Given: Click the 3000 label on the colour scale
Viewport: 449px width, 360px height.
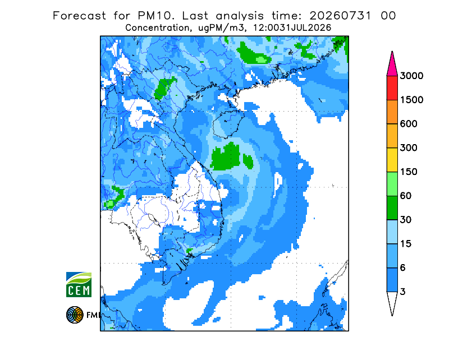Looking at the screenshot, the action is pos(411,76).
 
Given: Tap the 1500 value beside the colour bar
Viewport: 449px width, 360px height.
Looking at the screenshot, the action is pos(411,100).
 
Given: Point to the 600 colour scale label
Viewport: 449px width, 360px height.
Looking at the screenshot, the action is pos(409,124).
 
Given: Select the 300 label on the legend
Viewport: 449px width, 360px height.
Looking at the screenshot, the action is pos(409,148).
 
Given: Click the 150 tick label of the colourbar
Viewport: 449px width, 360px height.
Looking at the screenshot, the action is pos(409,172).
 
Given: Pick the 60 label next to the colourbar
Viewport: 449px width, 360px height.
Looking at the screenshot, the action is pos(406,196).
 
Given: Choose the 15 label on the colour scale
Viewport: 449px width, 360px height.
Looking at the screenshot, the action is pos(406,244).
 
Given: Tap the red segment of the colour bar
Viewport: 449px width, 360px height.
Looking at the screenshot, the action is pos(392,88).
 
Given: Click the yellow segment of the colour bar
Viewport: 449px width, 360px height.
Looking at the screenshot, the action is pos(392,160).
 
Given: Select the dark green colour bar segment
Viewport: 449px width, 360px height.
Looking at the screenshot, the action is pos(392,208).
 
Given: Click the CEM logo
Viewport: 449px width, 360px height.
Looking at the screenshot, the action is pos(79,284).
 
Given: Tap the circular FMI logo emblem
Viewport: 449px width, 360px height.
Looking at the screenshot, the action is pos(75,315).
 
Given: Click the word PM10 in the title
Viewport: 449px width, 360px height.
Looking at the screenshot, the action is pos(155,16).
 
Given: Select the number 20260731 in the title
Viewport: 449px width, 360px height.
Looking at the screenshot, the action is pos(340,16).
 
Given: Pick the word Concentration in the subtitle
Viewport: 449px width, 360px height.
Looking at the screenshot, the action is pos(157,28).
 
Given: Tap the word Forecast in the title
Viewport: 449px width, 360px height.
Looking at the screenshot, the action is pos(79,16).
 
